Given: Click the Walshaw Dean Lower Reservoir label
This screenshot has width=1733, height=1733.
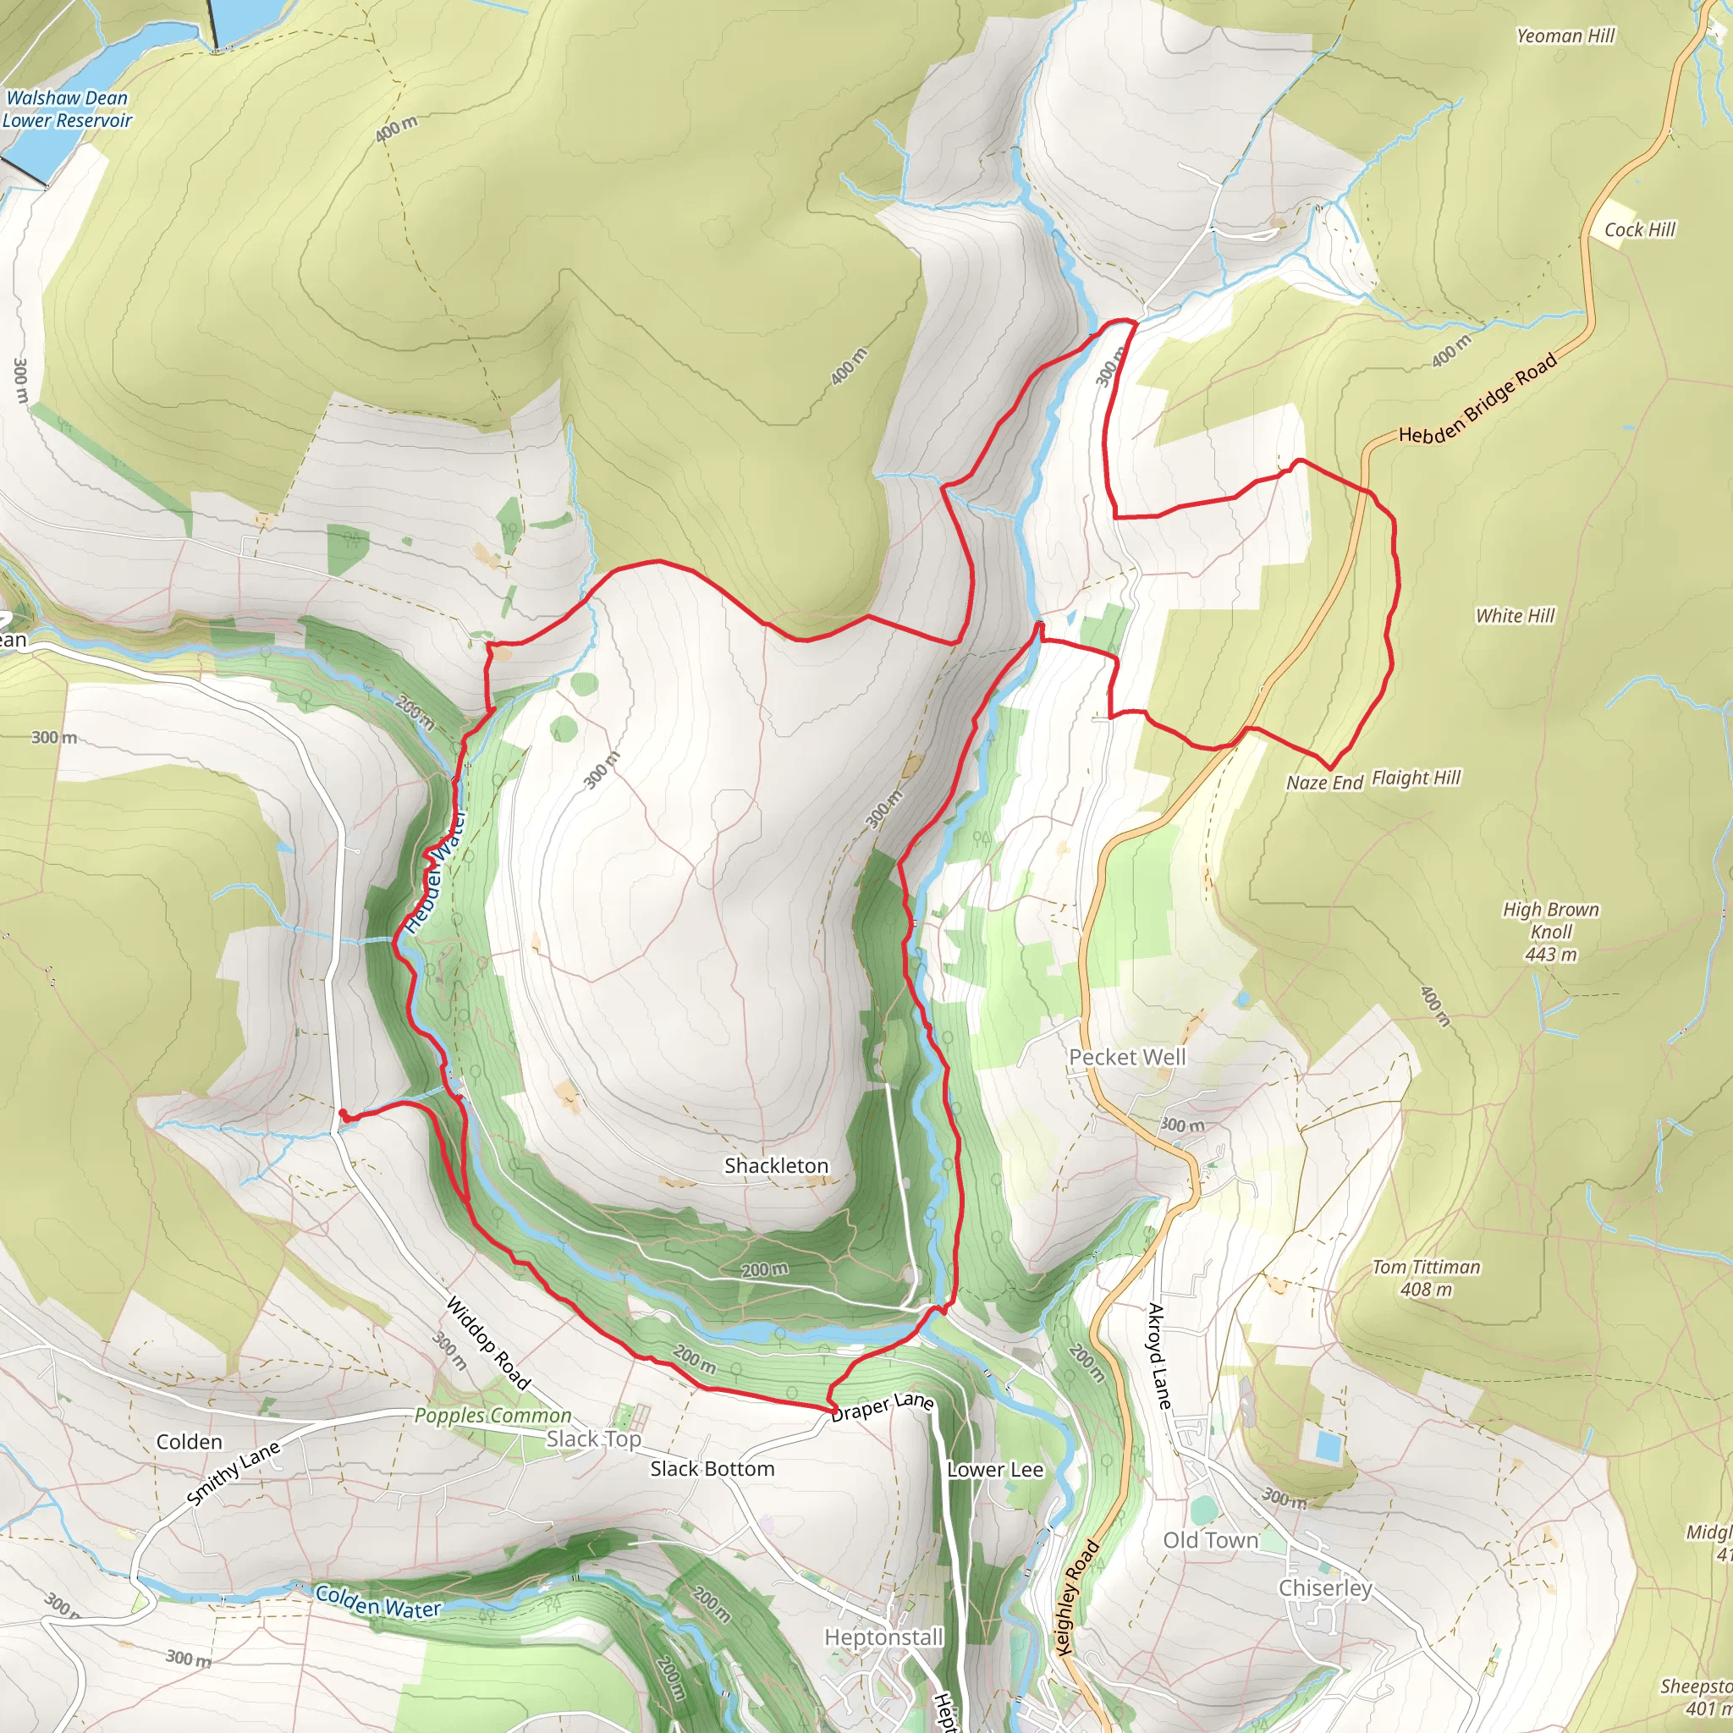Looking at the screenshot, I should pos(68,109).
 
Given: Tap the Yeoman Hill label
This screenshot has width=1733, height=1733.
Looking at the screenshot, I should pos(1565,36).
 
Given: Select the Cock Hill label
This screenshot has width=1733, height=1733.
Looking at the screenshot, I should pos(1639,229).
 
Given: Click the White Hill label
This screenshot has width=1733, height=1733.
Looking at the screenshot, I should pos(1515,615).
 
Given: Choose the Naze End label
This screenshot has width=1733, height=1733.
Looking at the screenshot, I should pos(1324,782).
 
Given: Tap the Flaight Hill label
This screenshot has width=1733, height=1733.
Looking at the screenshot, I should pos(1416,778).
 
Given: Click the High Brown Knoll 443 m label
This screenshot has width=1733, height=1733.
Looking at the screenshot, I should pos(1551,932).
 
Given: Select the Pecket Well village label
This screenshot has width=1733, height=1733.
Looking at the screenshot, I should pos(1126,1058).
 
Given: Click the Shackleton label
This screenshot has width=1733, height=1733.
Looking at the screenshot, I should pos(776,1166).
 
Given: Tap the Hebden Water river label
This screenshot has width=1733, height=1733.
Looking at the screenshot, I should pos(436,872).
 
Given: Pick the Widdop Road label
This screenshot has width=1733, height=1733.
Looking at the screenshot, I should pos(488,1343).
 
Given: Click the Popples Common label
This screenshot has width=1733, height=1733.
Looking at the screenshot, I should pos(492,1416).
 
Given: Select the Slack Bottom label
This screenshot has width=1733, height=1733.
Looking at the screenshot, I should pos(712,1469).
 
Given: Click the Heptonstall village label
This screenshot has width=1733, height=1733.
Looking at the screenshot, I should pos(883,1637).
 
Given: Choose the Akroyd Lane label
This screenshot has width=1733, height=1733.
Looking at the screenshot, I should pos(1159,1356).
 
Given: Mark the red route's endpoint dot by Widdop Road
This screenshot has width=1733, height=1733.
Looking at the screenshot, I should pos(344,1114).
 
